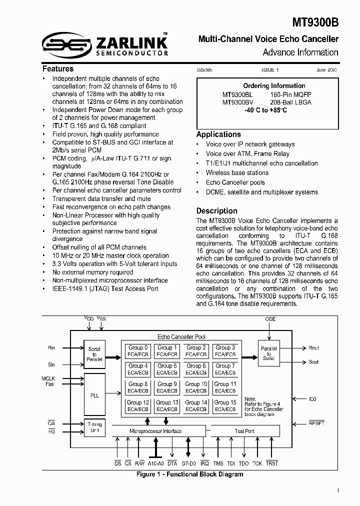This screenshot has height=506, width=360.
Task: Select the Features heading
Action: (58, 69)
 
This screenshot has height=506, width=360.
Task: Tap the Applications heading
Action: (218, 134)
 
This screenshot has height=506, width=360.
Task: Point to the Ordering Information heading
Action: (274, 85)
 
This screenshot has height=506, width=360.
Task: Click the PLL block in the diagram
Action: (94, 395)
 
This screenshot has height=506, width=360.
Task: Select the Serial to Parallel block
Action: (94, 353)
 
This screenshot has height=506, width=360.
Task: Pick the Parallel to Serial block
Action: (268, 353)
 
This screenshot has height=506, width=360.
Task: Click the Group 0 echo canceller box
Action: (138, 350)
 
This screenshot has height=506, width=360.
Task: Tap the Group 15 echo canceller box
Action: (225, 405)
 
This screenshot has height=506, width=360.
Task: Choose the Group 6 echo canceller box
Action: (196, 369)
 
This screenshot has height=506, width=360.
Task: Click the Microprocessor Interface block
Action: (155, 431)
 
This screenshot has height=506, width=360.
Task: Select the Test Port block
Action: (244, 431)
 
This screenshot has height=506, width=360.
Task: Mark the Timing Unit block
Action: (94, 427)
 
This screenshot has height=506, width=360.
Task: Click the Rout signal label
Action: (313, 348)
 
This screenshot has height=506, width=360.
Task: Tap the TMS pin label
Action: (218, 463)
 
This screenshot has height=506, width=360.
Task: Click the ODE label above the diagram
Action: (270, 319)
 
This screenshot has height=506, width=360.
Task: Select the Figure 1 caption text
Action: (190, 474)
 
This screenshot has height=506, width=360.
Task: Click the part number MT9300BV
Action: (237, 102)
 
